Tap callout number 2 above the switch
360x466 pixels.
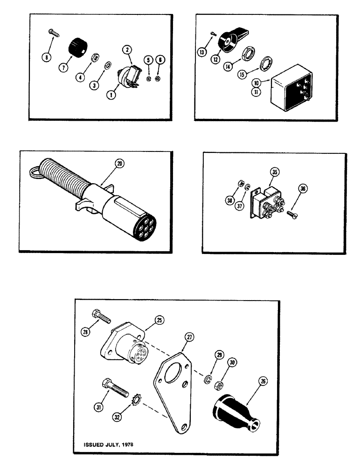(x=126, y=50)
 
